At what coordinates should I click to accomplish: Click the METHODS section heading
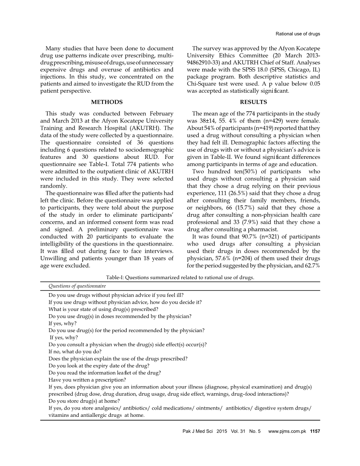coord(107,102)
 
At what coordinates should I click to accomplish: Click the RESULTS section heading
coord(253,102)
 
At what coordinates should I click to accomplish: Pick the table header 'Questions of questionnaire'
coord(77,286)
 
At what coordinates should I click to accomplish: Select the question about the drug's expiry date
coord(99,366)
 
